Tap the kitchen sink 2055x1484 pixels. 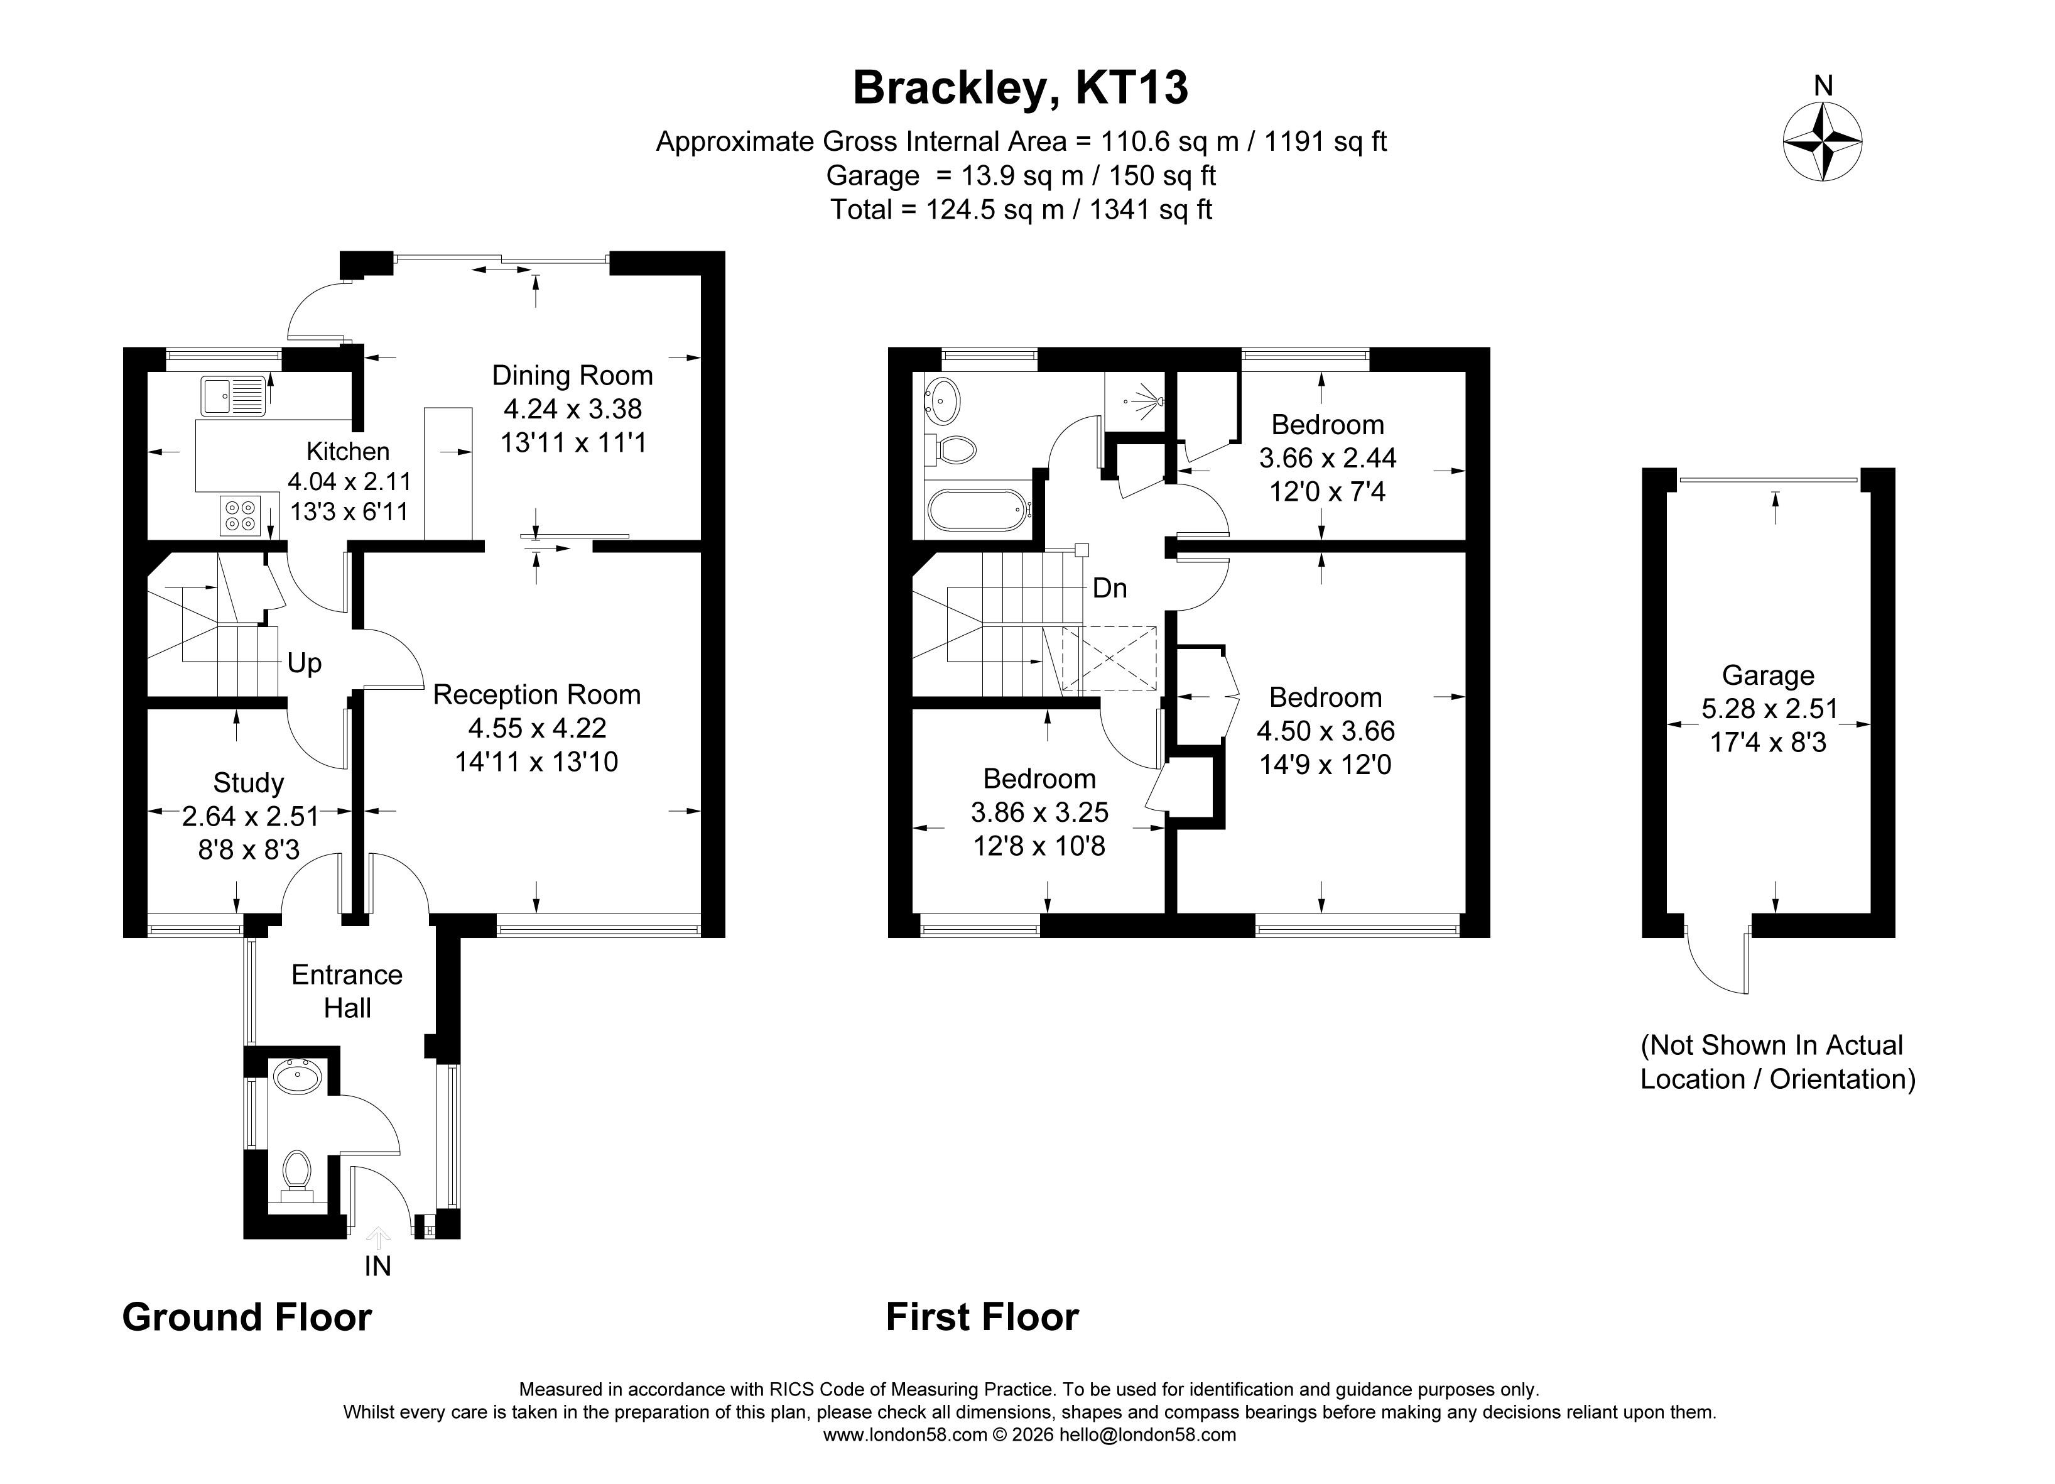click(x=233, y=396)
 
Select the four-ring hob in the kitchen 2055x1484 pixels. click(x=240, y=515)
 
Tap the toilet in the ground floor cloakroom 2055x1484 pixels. click(x=296, y=1176)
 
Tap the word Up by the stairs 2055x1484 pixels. click(x=305, y=663)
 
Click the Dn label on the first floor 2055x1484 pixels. click(x=1110, y=588)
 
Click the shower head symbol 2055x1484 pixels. click(x=1146, y=400)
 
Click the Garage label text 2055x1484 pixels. click(x=1768, y=675)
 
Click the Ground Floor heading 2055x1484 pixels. click(x=247, y=1318)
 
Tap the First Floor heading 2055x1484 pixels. click(x=982, y=1318)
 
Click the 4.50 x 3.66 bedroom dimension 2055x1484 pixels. click(x=1326, y=731)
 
